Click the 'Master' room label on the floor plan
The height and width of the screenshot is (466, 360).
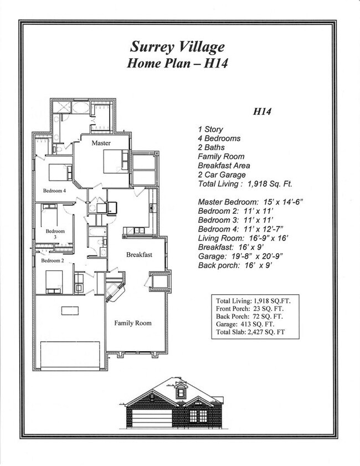101,143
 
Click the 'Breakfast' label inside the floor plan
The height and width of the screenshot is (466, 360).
139,255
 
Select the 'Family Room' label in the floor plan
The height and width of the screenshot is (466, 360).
132,322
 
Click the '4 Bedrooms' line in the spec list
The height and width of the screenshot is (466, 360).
219,139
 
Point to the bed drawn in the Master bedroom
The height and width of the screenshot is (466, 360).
115,161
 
